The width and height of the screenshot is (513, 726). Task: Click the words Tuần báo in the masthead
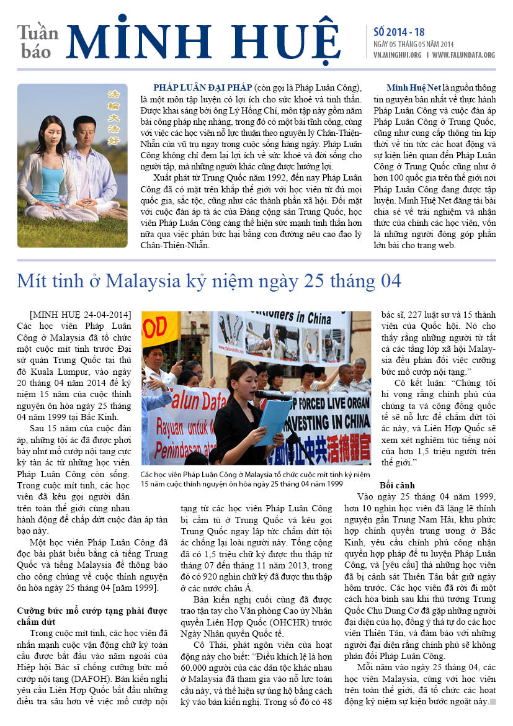point(38,42)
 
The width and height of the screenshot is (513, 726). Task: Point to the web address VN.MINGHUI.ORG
point(398,55)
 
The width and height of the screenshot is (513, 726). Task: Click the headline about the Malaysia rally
point(209,281)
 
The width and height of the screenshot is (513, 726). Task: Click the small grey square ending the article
point(493,702)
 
